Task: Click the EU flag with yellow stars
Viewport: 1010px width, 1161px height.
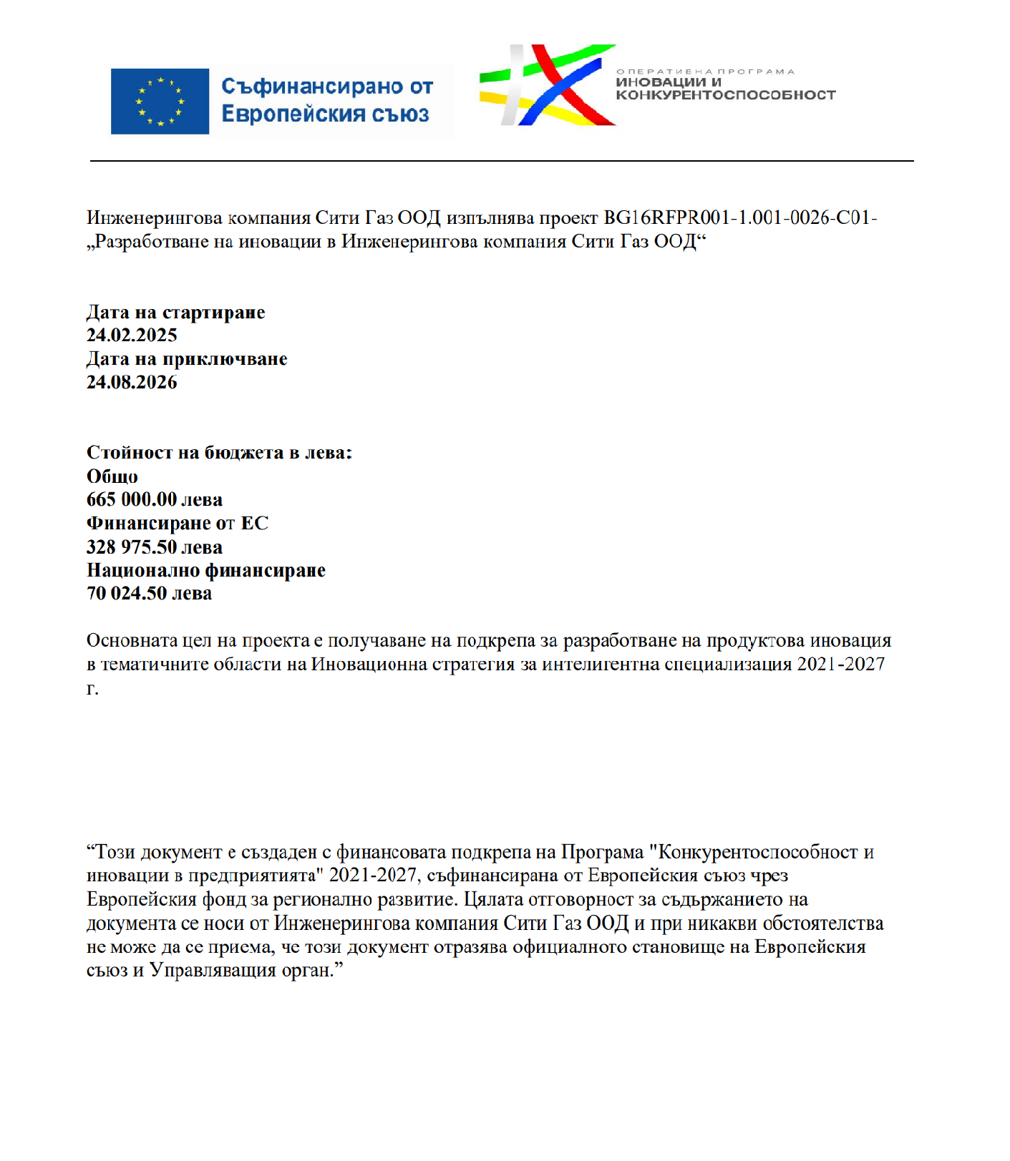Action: [160, 101]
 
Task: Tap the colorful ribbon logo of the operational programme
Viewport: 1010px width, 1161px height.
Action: [547, 86]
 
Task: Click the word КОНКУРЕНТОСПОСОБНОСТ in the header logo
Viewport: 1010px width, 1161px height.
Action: [725, 95]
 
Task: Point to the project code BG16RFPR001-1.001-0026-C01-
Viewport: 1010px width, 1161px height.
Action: [740, 217]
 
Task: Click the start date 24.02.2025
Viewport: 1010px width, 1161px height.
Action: [132, 335]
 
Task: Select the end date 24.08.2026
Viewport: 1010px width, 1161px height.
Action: [132, 383]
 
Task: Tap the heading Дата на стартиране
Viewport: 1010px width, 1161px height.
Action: [175, 313]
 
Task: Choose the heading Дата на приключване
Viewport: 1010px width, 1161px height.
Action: [187, 359]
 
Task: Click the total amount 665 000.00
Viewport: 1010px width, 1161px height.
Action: [132, 500]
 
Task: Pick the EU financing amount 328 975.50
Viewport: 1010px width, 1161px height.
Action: [132, 547]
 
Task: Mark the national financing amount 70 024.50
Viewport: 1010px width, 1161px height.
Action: [127, 594]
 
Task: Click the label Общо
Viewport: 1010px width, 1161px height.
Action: [112, 476]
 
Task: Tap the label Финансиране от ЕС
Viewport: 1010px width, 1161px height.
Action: [178, 524]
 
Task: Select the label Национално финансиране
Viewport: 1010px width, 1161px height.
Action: [206, 571]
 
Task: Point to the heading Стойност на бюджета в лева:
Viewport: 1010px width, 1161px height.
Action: [219, 453]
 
